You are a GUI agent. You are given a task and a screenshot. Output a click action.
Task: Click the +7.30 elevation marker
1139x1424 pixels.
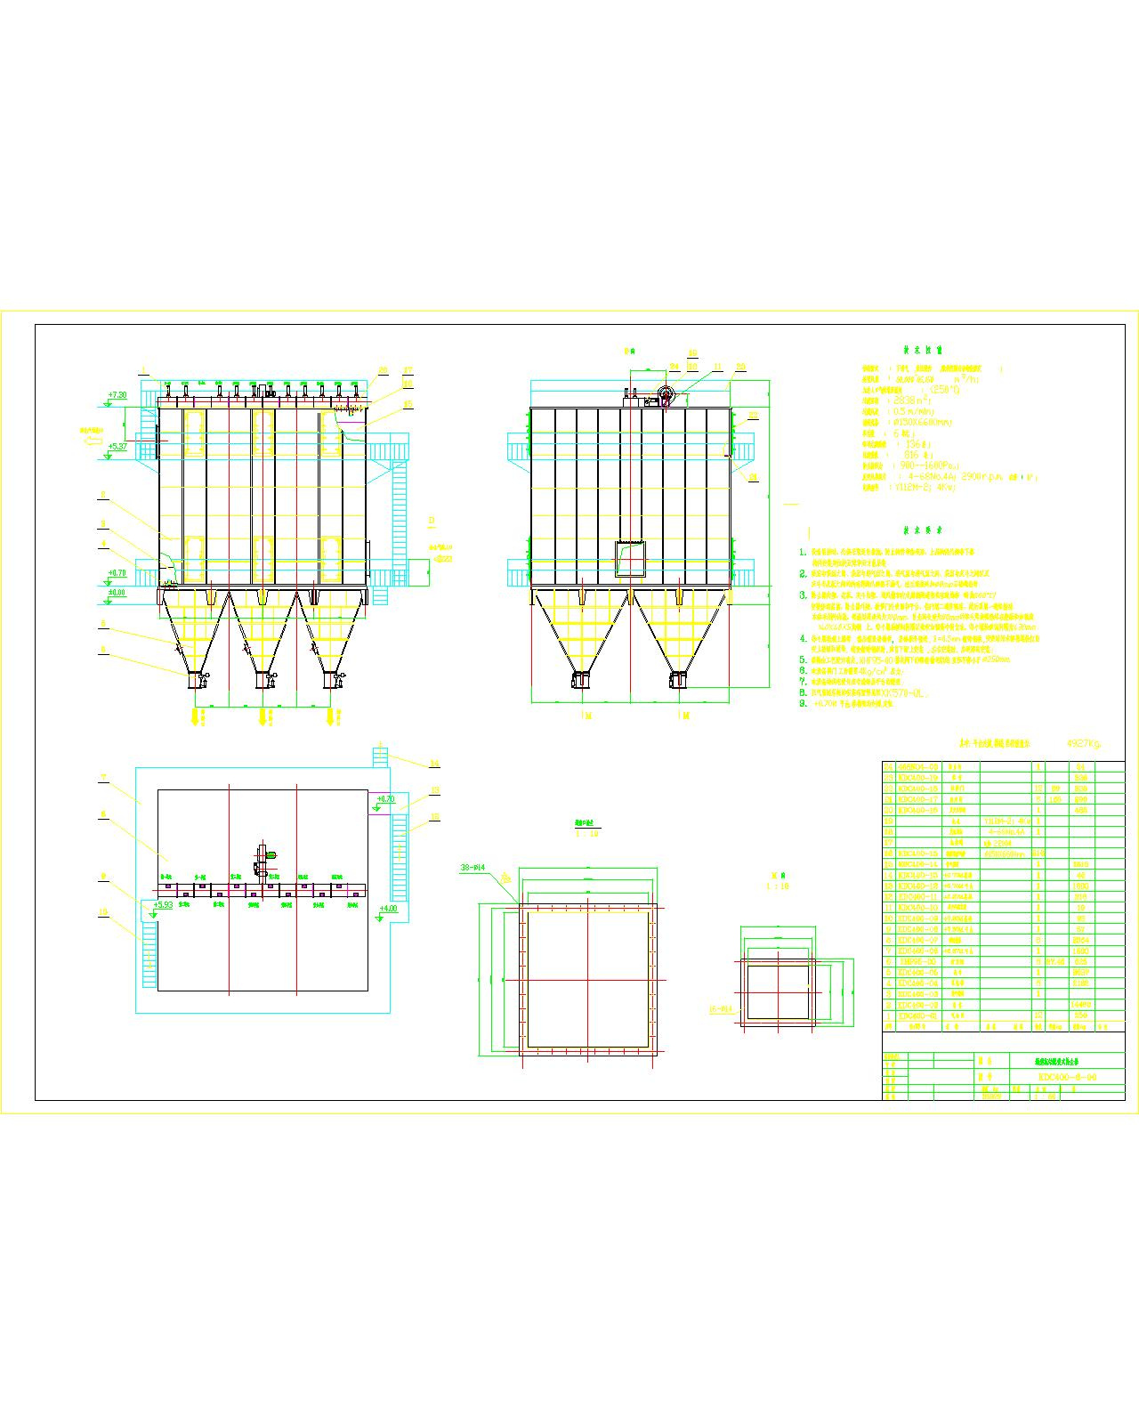(x=117, y=393)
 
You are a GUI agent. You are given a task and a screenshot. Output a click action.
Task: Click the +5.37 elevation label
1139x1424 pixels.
(x=117, y=447)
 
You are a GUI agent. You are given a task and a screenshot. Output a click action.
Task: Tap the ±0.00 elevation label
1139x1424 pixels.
(x=117, y=592)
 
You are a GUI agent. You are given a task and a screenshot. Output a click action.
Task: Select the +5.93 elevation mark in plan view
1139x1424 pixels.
(x=162, y=905)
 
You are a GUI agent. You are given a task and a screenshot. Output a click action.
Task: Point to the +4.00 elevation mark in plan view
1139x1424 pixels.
(x=388, y=909)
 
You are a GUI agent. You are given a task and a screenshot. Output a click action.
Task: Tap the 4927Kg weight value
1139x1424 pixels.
(x=1083, y=741)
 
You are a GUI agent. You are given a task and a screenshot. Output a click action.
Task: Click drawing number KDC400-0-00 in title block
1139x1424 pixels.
(x=1067, y=1078)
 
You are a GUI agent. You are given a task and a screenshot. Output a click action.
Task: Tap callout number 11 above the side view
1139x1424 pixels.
(x=717, y=366)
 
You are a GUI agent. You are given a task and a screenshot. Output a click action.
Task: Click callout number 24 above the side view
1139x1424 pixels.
(x=674, y=366)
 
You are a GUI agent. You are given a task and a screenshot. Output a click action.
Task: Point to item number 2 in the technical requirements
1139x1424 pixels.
(x=802, y=574)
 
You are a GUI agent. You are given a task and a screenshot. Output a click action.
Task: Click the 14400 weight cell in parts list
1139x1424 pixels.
(x=1081, y=1004)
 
